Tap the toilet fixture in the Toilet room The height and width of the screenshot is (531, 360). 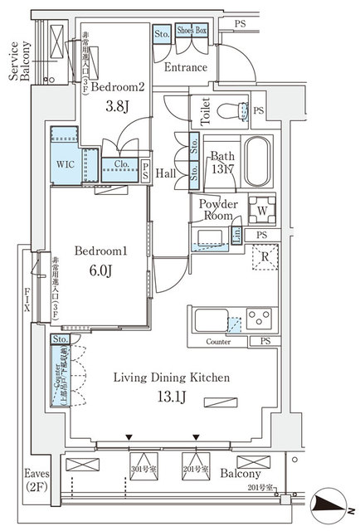pos(239,111)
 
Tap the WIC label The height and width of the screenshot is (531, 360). pos(66,165)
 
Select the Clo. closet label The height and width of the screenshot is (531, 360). pos(120,164)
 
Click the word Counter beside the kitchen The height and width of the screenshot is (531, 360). pos(218,341)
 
